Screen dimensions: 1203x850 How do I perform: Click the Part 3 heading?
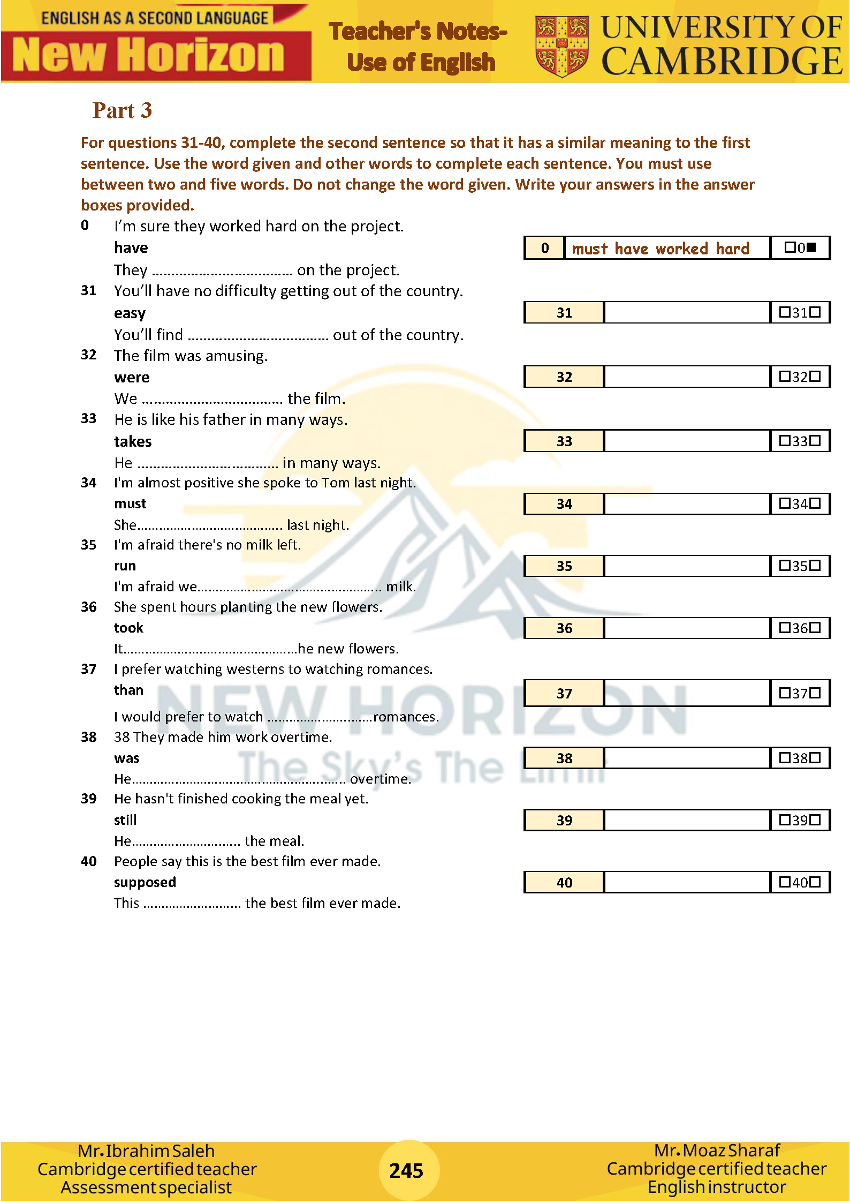[x=122, y=110]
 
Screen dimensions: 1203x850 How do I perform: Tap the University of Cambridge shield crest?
[x=561, y=46]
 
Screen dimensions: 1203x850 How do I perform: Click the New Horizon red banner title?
[x=149, y=55]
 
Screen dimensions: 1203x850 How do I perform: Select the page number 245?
[x=406, y=1170]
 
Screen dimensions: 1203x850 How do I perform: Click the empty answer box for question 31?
[x=687, y=312]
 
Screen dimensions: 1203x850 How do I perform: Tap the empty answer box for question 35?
[x=687, y=566]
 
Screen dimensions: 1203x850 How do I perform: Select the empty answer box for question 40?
[x=687, y=882]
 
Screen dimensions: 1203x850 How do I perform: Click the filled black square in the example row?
[x=811, y=247]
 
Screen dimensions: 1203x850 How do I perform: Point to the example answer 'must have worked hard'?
[x=661, y=249]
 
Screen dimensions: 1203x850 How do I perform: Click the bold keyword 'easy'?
[x=130, y=313]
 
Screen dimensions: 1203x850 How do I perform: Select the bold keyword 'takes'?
[x=133, y=441]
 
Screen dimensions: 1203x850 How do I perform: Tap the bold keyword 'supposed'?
[x=145, y=882]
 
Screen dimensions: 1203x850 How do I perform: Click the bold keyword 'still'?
[x=125, y=820]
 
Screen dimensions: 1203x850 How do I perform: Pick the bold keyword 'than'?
[x=128, y=690]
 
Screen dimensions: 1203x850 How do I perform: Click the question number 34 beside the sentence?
[x=89, y=483]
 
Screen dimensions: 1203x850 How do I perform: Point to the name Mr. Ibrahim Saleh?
[x=146, y=1151]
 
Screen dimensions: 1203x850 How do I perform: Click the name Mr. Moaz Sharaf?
[x=717, y=1150]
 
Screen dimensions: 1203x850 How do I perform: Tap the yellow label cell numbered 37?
[x=564, y=693]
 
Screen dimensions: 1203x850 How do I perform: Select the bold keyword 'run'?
[x=125, y=566]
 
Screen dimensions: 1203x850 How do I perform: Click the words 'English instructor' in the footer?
[x=717, y=1187]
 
